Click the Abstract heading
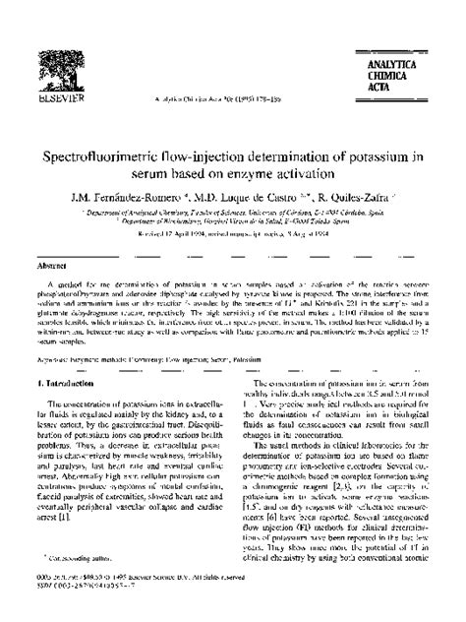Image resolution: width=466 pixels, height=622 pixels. [x=53, y=266]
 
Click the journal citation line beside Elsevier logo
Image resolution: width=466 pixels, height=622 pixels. [x=232, y=98]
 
